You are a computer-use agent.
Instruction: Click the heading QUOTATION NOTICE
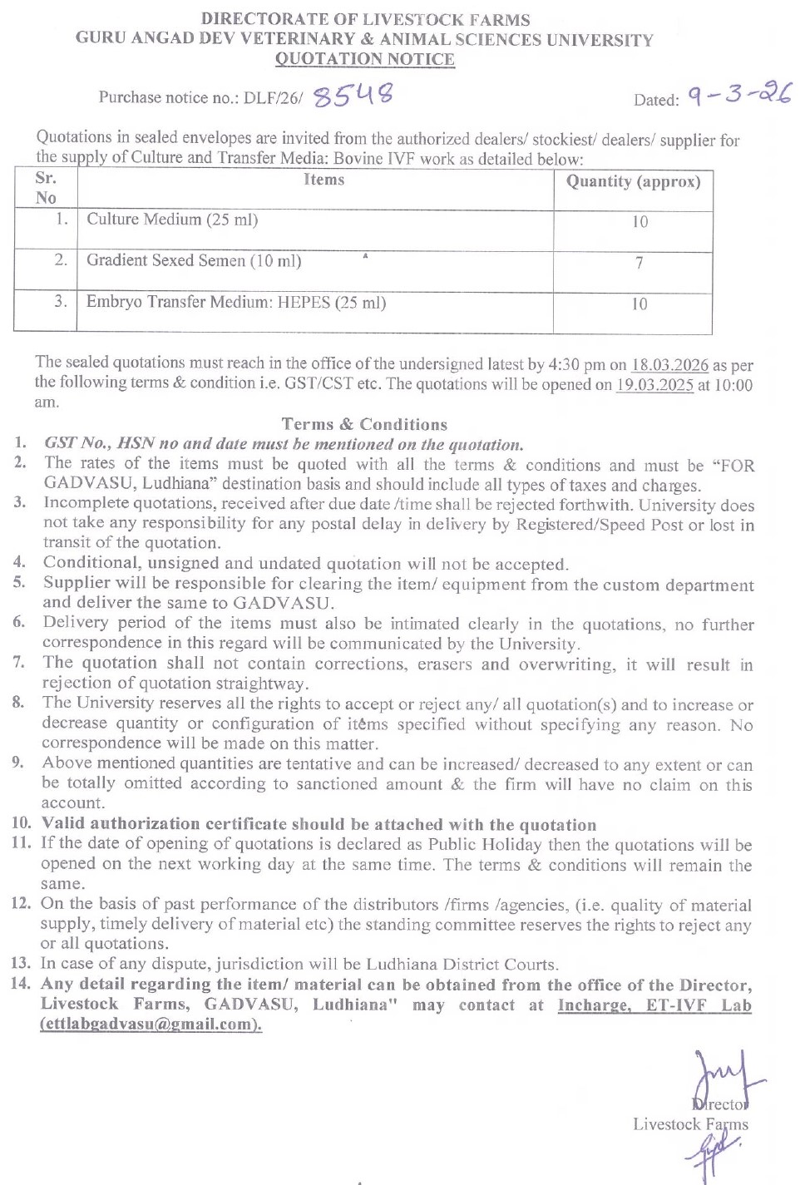point(364,59)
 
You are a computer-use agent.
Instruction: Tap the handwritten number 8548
point(353,96)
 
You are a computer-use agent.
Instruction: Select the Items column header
point(323,180)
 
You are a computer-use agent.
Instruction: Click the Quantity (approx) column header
point(633,181)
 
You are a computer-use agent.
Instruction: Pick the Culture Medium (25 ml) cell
point(172,220)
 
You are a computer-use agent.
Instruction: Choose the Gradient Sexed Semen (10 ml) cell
point(194,261)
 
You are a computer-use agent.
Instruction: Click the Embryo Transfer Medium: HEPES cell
point(236,303)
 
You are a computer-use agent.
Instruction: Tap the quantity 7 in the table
point(639,263)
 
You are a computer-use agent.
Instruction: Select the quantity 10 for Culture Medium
point(640,222)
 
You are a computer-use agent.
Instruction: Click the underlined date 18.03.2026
point(669,365)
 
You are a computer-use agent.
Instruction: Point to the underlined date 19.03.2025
point(654,385)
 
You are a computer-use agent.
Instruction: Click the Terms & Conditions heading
point(364,424)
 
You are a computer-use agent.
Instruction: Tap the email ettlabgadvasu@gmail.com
point(151,1025)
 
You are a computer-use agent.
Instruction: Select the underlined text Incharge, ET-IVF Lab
point(654,1005)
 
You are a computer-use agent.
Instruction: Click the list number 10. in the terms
point(22,823)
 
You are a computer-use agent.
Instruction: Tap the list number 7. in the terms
point(19,663)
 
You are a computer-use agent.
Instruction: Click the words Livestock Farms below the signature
point(690,1124)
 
